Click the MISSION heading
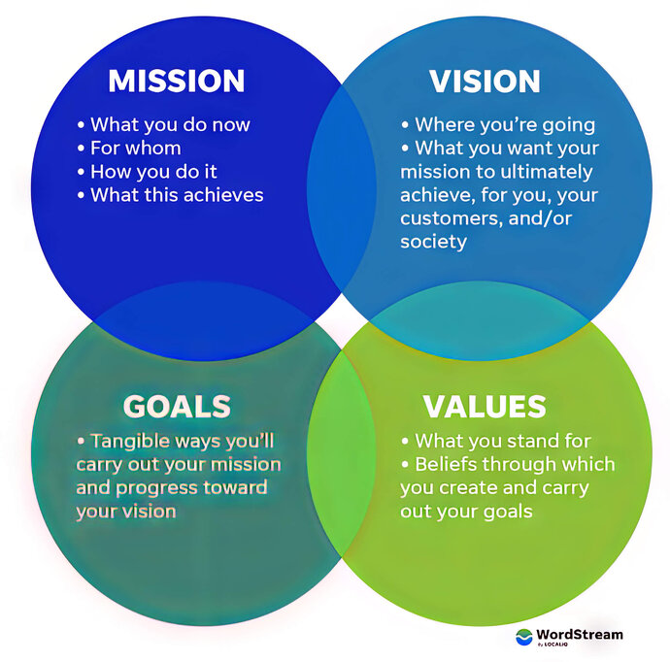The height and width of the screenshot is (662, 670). [x=176, y=82]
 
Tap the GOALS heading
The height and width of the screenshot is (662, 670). [x=177, y=405]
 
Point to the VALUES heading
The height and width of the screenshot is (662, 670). [x=485, y=405]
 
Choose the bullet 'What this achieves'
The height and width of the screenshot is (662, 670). [x=170, y=195]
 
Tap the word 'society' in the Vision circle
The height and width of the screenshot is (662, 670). [x=433, y=242]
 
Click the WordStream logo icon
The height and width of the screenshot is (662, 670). [x=524, y=637]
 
